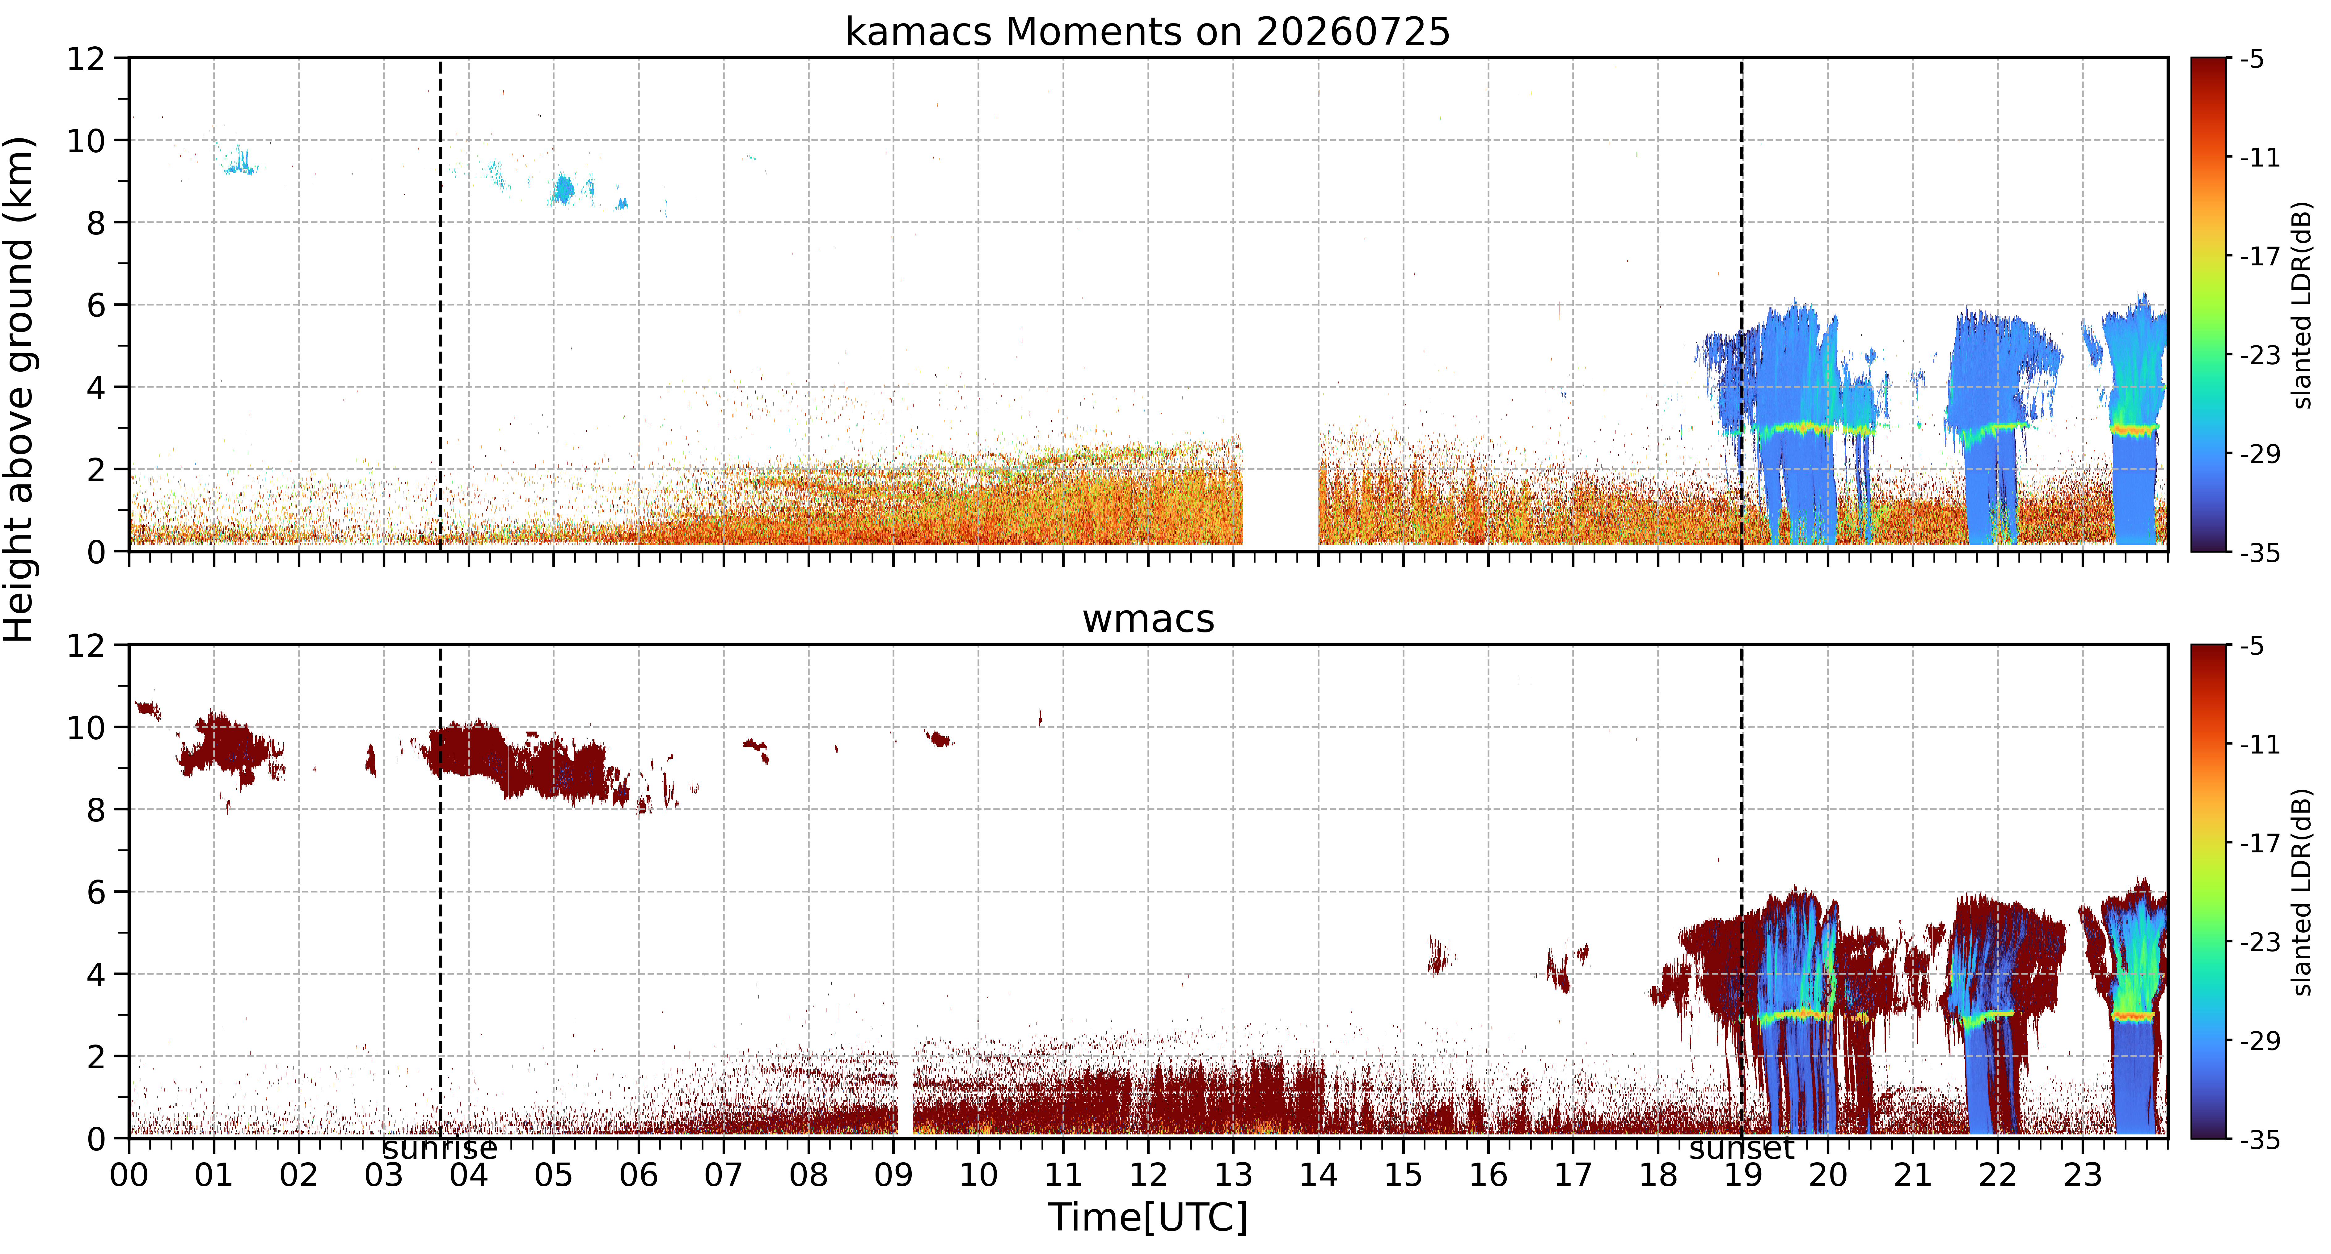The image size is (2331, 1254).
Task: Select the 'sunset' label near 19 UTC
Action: pos(1742,1149)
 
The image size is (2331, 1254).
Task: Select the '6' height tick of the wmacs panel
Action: pos(96,892)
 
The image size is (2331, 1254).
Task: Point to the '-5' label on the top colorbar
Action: pos(2254,60)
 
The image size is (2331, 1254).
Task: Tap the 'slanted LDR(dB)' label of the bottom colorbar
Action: pos(2303,892)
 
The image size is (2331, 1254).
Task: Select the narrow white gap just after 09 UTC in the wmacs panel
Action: pos(904,1095)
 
